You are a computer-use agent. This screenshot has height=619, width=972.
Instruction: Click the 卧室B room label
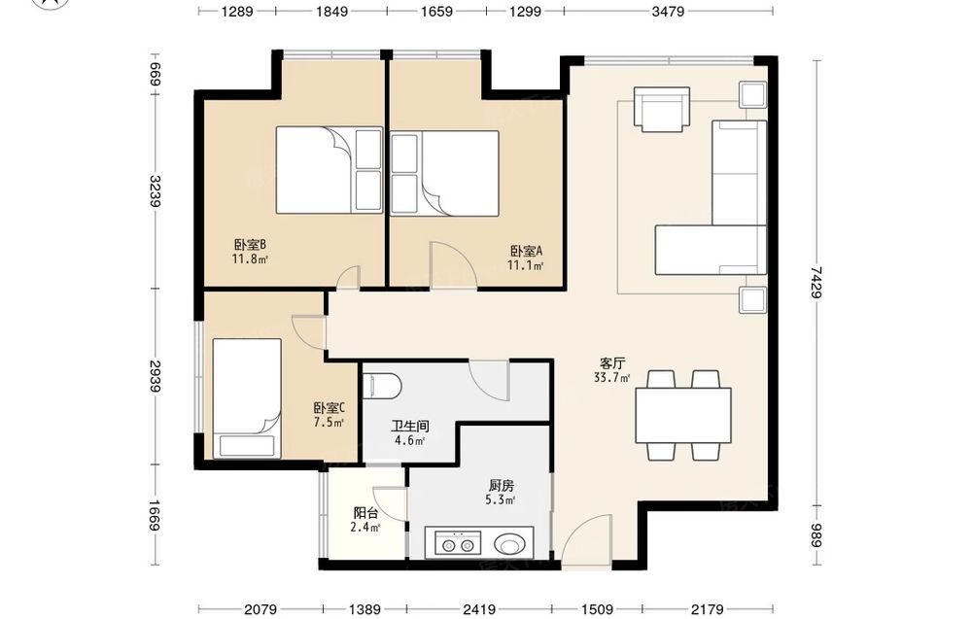pyautogui.click(x=251, y=245)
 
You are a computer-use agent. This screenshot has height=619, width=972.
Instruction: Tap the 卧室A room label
pyautogui.click(x=526, y=251)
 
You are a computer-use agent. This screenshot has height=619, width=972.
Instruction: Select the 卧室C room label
pyautogui.click(x=330, y=408)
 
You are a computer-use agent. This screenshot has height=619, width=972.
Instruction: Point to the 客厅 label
pyautogui.click(x=611, y=363)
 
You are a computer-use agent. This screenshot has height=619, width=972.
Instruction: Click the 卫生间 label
pyautogui.click(x=410, y=427)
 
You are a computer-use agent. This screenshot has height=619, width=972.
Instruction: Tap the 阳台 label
pyautogui.click(x=365, y=513)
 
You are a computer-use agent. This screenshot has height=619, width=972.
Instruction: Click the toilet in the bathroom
pyautogui.click(x=382, y=386)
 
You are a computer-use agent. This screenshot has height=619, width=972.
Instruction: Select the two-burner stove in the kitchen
pyautogui.click(x=458, y=544)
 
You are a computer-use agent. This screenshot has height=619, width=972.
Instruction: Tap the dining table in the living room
pyautogui.click(x=683, y=415)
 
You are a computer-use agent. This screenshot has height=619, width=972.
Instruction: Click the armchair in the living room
pyautogui.click(x=662, y=109)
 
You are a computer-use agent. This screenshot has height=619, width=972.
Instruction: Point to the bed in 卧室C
pyautogui.click(x=247, y=398)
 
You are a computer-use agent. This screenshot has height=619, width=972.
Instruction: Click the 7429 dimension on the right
pyautogui.click(x=817, y=283)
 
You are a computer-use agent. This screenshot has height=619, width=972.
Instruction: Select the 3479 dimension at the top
pyautogui.click(x=668, y=11)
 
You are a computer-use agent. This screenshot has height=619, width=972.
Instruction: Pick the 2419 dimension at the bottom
pyautogui.click(x=479, y=610)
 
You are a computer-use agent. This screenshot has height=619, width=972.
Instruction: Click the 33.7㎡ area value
pyautogui.click(x=611, y=377)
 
